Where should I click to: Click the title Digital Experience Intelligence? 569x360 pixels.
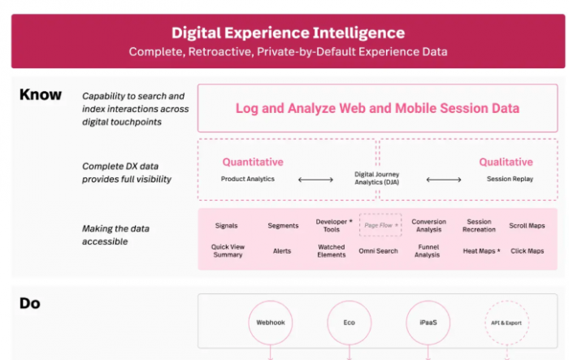288,33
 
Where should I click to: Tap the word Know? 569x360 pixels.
41,95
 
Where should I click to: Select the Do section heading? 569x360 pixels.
30,303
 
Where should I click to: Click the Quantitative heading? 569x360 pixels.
253,162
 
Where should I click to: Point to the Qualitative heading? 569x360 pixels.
506,162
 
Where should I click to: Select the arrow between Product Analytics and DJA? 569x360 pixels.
315,180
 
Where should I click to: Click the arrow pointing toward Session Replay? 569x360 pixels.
444,180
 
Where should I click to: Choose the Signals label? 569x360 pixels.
227,226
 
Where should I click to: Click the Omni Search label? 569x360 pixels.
378,251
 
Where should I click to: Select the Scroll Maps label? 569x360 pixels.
527,226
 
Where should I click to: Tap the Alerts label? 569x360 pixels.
282,251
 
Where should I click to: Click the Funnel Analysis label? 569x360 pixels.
427,251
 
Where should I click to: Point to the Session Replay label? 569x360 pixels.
510,179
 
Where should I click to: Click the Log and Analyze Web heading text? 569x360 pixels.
377,109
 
